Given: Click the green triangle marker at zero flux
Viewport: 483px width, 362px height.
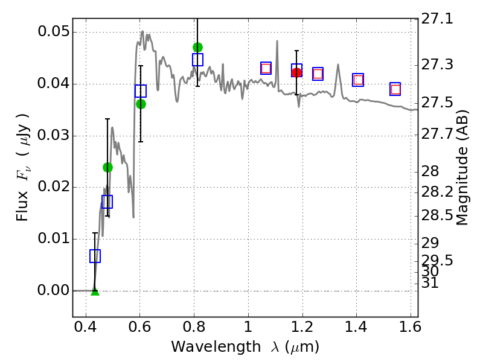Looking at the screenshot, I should coord(95,291).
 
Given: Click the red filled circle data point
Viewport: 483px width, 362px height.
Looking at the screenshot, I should coord(296,72).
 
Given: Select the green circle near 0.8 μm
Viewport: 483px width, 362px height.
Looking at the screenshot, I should coord(197,47).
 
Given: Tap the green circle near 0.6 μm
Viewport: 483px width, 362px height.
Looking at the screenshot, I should coord(141,104).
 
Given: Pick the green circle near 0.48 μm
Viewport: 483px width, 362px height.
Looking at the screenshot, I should coord(107,167).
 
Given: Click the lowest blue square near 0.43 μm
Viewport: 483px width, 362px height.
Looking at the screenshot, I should coord(95,256).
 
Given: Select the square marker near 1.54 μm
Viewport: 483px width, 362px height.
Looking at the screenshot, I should coord(395,89).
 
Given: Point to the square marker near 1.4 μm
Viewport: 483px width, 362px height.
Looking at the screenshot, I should coord(358,80).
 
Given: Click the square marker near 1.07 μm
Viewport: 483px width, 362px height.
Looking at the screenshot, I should coord(266,68).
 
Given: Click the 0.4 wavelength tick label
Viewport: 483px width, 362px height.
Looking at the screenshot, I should coord(86,330).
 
